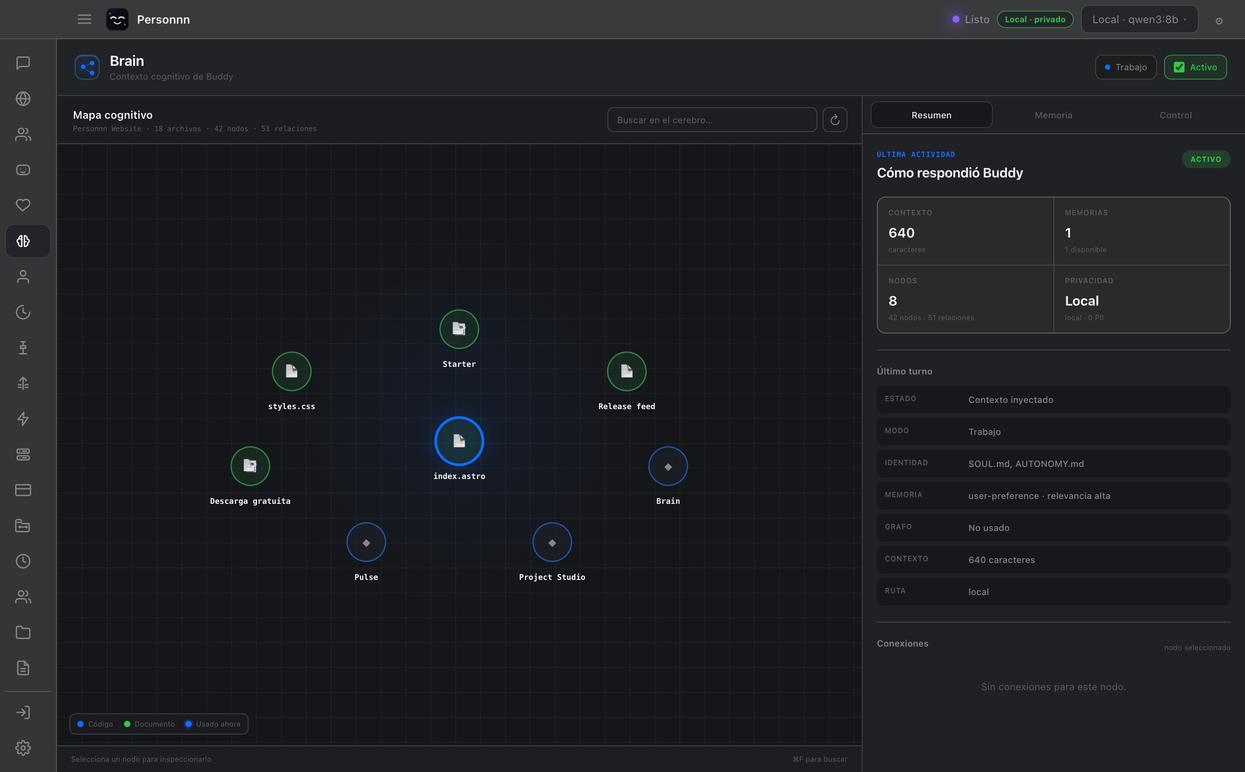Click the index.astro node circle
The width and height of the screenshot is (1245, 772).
coord(459,441)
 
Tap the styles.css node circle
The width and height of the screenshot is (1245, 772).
coord(292,371)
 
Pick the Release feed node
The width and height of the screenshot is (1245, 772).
coord(627,371)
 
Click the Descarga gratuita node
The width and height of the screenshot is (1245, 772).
coord(250,466)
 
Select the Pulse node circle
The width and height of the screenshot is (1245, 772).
coord(366,542)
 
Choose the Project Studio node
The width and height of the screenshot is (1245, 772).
coord(552,542)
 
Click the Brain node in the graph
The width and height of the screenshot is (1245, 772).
coord(668,466)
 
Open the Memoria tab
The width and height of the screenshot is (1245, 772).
coord(1053,115)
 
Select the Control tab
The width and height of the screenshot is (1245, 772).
coord(1175,115)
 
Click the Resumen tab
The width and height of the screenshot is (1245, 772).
coord(931,115)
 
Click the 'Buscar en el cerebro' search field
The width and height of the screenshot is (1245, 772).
coord(711,120)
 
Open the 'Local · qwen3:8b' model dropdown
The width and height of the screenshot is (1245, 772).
coord(1139,20)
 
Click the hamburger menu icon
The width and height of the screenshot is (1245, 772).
coord(84,20)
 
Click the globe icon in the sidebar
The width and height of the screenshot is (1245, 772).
coord(23,99)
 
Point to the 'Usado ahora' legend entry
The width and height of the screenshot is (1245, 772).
coord(213,724)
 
